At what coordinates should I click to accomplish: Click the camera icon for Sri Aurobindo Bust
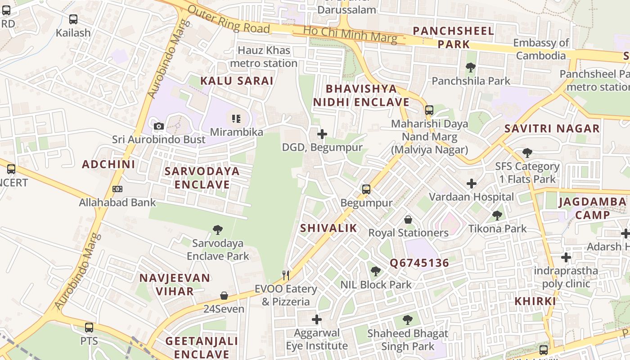tap(158, 126)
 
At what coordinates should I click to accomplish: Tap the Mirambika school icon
tap(236, 119)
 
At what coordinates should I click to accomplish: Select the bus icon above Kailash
tap(73, 19)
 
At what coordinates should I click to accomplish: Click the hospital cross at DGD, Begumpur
tap(322, 134)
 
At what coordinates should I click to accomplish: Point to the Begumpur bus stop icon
tap(366, 189)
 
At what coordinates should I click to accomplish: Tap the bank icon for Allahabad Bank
tap(117, 189)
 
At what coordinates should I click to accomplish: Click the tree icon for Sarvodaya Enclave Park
tap(218, 230)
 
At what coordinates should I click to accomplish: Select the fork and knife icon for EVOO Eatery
tap(286, 275)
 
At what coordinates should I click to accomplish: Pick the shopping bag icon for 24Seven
tap(224, 296)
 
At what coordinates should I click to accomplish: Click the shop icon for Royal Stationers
tap(408, 220)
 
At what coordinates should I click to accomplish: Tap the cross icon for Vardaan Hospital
tap(471, 184)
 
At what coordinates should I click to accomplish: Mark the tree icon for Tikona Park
tap(497, 215)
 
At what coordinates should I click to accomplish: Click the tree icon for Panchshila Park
tap(471, 67)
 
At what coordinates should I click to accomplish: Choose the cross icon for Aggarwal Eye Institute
tap(317, 319)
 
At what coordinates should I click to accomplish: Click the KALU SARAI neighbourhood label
tap(237, 81)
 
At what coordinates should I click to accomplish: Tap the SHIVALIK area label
tap(328, 228)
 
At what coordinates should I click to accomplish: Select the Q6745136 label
tap(419, 263)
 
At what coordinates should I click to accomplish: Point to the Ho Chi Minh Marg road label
tap(350, 34)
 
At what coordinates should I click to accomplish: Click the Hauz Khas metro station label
tap(264, 57)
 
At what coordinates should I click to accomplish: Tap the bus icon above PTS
tap(89, 327)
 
